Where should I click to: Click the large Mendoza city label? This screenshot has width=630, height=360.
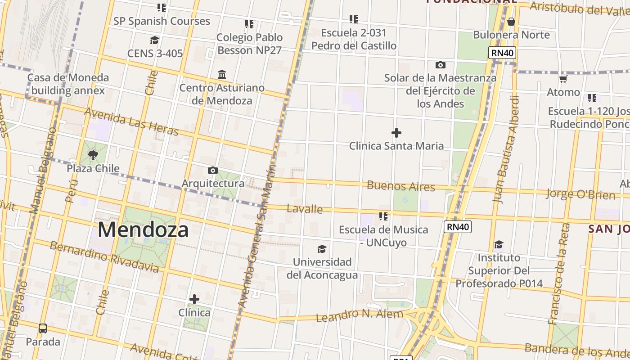coord(143,230)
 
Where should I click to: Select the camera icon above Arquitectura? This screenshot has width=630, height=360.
coord(213,170)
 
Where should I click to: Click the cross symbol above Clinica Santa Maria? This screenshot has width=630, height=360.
coord(396,133)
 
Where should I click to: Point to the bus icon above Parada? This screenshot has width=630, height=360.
coord(43,328)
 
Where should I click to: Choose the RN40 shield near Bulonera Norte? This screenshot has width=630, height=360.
coord(503,53)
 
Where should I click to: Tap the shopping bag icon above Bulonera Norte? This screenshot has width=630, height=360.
coord(511,22)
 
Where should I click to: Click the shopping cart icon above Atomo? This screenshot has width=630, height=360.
coord(563,79)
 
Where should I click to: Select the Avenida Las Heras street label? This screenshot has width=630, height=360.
coord(131,121)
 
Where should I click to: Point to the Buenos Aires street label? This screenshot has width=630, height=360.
coord(401,186)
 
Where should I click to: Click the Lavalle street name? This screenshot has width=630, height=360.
coord(305,209)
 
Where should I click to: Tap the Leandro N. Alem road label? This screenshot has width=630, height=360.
coord(360,315)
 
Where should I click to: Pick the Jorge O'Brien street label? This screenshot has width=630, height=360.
coord(580,194)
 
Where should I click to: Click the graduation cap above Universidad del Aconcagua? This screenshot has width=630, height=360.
coord(322,249)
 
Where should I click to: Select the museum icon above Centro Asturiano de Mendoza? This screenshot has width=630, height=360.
coord(222,74)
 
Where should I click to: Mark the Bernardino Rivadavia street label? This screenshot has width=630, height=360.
coord(104,257)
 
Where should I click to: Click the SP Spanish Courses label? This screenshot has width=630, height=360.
coord(162,21)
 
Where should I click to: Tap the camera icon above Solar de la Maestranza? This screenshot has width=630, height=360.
coord(440,65)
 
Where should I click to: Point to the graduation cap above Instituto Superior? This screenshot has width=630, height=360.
coord(499,245)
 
